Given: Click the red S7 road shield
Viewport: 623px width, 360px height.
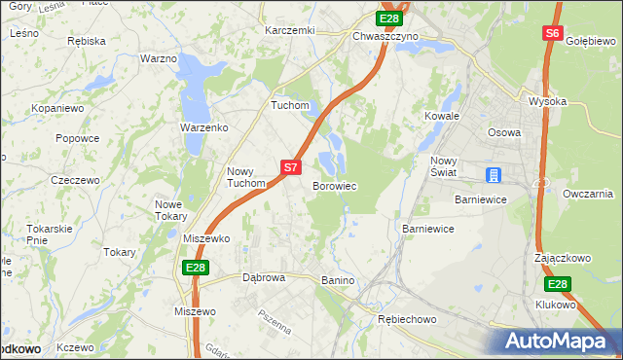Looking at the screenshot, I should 290,167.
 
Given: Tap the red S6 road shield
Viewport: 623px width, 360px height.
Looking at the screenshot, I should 552,33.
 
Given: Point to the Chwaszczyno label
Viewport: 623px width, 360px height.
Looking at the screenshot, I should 385,36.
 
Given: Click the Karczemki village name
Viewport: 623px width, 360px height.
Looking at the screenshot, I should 290,30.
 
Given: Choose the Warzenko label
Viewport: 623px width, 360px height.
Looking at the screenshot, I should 203,127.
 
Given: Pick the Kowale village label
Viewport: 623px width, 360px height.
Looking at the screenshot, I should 441,116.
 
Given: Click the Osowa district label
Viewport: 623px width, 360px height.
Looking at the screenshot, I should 503,132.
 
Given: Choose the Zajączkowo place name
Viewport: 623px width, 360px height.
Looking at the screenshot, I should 564,259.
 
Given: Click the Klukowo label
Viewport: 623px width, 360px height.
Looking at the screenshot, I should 556,305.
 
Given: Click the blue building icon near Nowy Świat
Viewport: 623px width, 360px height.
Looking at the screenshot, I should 495,175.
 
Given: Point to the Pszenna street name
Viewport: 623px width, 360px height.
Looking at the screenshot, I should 275,322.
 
